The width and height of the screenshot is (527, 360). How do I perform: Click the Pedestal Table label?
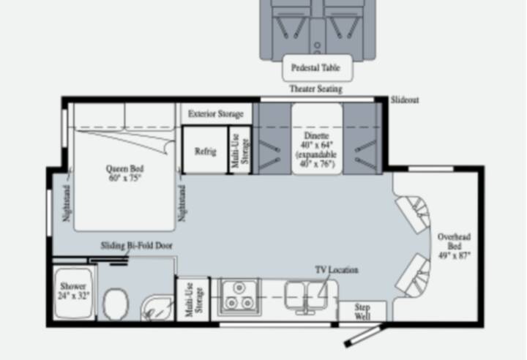[x=315, y=67]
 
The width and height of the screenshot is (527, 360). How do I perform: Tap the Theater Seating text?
[x=316, y=89]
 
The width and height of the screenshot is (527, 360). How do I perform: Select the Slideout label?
[x=405, y=100]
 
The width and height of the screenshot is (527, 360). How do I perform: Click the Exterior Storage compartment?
[x=216, y=113]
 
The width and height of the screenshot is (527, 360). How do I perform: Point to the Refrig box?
[x=206, y=150]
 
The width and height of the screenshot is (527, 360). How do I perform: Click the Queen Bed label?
[x=124, y=173]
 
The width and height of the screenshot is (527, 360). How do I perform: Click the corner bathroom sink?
[x=157, y=307]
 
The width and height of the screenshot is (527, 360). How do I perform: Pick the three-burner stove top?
[x=239, y=297]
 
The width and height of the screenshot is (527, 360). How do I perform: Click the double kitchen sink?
[x=305, y=296]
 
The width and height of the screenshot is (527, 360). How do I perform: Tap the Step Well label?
[x=362, y=312]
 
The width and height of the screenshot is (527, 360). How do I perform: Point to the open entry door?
[x=363, y=335]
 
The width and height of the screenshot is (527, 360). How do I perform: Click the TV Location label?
[x=337, y=270]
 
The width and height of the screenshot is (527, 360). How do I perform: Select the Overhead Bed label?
[x=454, y=246]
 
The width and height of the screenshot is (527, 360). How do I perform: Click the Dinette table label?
[x=317, y=149]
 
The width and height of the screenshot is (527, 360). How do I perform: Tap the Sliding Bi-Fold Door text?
[x=136, y=245]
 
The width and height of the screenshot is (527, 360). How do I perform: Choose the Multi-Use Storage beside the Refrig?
[x=240, y=150]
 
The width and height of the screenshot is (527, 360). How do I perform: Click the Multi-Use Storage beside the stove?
[x=193, y=299]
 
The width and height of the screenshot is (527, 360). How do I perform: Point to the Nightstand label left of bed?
[x=67, y=203]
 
